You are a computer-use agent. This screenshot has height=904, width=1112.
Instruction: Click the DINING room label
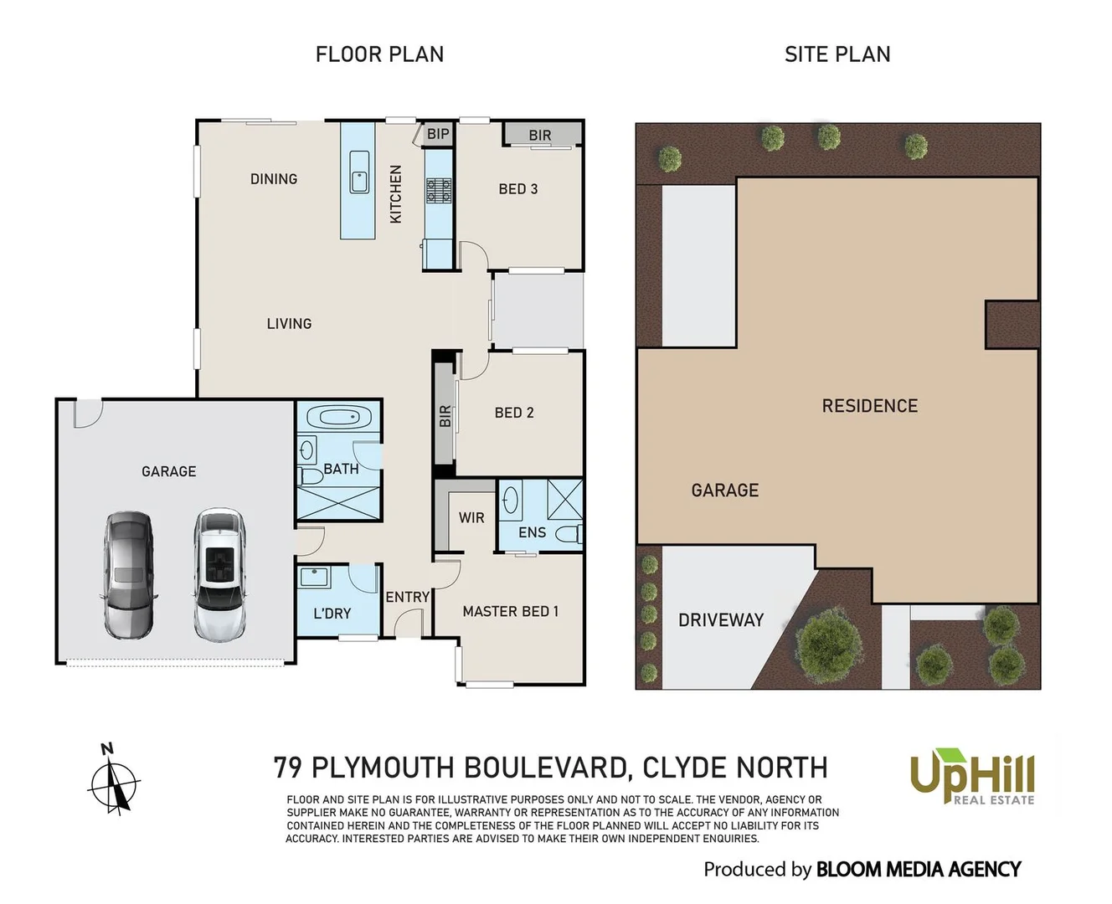coord(274,179)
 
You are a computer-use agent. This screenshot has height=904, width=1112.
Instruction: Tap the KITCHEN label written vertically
coord(396,194)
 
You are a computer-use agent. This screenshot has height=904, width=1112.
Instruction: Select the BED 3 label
coord(517,189)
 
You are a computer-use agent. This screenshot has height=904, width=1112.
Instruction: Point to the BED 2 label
coord(513,413)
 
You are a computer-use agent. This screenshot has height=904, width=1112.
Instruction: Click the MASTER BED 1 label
coord(510,612)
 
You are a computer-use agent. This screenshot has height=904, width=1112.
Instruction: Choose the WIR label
coord(471,518)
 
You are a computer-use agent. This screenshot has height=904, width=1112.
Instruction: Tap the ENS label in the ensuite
coord(532,532)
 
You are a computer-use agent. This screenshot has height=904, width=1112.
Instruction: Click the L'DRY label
coord(332,614)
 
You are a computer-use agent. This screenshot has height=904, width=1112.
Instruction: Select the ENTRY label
coord(407,597)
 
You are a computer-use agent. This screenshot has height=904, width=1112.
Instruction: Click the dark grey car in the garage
coord(128,575)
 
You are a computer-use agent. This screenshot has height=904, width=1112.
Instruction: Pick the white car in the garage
coord(219,575)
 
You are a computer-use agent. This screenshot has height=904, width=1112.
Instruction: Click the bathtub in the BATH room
coord(339,417)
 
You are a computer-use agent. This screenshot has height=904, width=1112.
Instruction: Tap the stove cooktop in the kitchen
coord(439,191)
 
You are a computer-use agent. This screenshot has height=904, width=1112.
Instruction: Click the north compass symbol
coord(113,780)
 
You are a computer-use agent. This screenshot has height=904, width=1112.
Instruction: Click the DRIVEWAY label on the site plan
coord(721,620)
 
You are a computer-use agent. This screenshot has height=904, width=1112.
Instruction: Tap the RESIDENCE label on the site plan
coord(869,406)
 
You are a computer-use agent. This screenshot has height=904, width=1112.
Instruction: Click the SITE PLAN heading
coord(837,54)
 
